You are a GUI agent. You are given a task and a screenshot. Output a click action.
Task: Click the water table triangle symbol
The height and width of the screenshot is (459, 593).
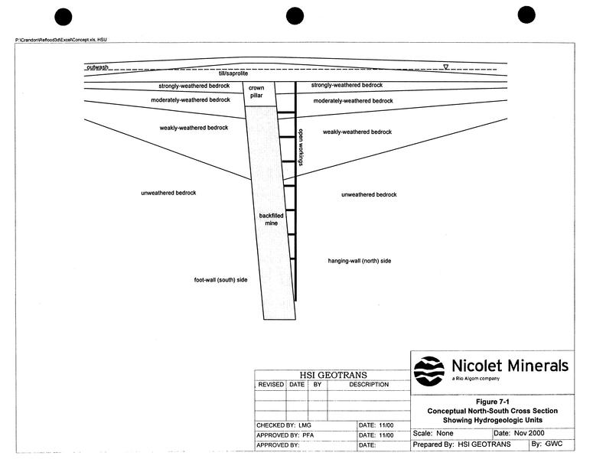[x=446, y=67]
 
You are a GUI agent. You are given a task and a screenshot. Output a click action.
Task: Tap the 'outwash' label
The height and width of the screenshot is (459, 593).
[x=98, y=67]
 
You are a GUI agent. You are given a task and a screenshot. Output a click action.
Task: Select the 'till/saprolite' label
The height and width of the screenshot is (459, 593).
[x=233, y=73]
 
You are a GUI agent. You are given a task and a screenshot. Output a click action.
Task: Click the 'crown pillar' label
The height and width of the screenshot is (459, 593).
[x=256, y=92]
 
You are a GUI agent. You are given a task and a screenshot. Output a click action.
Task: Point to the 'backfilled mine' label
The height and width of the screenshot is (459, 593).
[x=271, y=220]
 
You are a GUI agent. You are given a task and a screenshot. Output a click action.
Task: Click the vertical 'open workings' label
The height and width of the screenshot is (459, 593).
[x=301, y=147]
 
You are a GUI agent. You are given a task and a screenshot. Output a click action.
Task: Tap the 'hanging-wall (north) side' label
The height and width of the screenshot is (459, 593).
[x=360, y=261]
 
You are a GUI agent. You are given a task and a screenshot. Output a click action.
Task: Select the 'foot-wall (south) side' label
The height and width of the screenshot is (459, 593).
[x=220, y=280]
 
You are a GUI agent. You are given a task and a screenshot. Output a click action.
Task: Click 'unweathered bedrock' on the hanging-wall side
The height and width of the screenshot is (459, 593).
[x=369, y=194]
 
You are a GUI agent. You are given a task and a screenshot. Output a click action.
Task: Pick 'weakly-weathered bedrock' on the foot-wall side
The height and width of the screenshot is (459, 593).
[x=194, y=128]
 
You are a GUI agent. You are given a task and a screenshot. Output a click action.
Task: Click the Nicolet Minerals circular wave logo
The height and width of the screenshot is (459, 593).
[x=428, y=371]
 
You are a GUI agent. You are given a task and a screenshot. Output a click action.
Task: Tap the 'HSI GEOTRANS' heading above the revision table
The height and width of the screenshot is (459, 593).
[x=333, y=375]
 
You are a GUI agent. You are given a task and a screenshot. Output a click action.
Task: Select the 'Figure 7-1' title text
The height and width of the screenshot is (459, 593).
[x=493, y=402]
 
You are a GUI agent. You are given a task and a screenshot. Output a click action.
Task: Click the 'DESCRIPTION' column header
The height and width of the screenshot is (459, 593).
[x=369, y=384]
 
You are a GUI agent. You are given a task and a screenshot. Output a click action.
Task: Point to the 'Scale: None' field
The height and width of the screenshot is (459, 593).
[x=432, y=433]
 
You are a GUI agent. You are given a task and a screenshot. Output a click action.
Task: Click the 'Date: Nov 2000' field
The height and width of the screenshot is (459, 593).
[x=519, y=433]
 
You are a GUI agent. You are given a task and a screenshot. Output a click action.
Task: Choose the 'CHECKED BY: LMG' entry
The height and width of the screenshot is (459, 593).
[x=284, y=425]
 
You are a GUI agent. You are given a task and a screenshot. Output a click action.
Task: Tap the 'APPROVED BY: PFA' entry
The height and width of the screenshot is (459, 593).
[x=285, y=435]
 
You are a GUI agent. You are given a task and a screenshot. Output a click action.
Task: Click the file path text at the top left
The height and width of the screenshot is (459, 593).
[x=61, y=40]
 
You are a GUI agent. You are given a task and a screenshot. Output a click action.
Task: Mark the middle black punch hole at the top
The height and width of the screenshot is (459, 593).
[x=295, y=16]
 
